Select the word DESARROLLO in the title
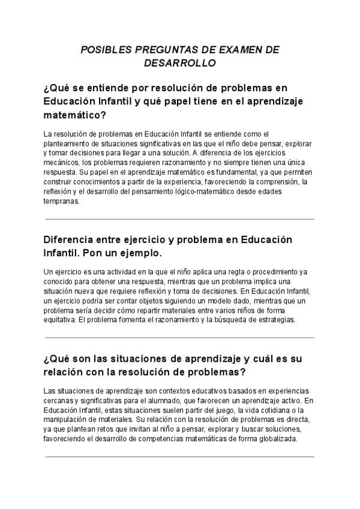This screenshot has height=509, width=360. click(180, 62)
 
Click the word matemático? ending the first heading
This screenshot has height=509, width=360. click(75, 114)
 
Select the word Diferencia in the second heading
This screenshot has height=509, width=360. click(71, 239)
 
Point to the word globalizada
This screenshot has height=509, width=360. click(277, 438)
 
